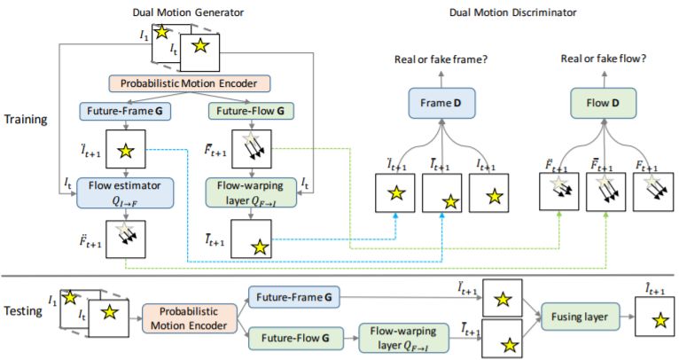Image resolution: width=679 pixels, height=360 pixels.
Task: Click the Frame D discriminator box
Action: click(x=441, y=103)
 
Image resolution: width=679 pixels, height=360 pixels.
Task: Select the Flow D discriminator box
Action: click(x=604, y=103)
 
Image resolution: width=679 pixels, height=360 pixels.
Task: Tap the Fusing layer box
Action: click(x=580, y=317)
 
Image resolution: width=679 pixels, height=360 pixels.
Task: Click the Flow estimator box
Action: click(x=125, y=192)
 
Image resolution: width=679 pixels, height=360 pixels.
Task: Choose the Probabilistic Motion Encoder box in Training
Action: click(x=189, y=83)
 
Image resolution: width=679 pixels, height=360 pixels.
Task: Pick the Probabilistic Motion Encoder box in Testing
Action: click(x=189, y=318)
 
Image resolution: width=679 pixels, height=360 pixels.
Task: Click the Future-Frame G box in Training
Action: click(x=125, y=111)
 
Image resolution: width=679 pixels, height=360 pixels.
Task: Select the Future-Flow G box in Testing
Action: click(x=295, y=338)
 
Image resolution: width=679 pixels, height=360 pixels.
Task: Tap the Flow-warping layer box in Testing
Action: click(x=403, y=338)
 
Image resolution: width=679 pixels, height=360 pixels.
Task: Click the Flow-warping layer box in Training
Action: click(x=251, y=192)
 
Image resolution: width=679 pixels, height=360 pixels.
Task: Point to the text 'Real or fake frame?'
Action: click(x=441, y=59)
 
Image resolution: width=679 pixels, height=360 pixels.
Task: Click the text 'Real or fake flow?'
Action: click(x=604, y=59)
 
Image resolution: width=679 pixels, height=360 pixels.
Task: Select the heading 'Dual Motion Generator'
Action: click(x=188, y=12)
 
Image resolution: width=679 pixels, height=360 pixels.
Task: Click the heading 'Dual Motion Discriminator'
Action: click(x=512, y=12)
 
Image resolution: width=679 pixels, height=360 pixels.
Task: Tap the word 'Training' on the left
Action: click(x=26, y=120)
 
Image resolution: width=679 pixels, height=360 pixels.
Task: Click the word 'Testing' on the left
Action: click(x=23, y=310)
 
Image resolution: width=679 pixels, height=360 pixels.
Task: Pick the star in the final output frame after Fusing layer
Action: click(x=660, y=321)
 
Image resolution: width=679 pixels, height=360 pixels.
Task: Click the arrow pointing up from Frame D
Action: click(x=441, y=79)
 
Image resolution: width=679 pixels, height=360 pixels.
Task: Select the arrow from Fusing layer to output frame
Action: click(x=627, y=317)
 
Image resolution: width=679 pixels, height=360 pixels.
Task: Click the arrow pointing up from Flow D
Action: click(x=604, y=79)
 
